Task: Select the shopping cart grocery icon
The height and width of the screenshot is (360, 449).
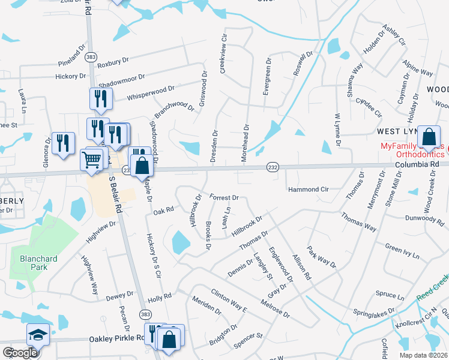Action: (92, 160)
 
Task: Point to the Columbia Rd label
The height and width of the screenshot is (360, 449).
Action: (418, 163)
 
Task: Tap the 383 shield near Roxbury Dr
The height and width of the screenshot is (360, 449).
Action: (91, 56)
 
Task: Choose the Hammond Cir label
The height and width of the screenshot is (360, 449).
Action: (309, 189)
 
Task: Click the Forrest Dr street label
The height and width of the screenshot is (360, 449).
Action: (224, 197)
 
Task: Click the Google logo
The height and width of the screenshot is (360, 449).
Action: (20, 353)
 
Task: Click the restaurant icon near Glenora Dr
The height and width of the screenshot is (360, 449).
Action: (62, 143)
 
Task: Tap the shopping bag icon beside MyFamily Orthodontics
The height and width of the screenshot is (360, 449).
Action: (429, 137)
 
